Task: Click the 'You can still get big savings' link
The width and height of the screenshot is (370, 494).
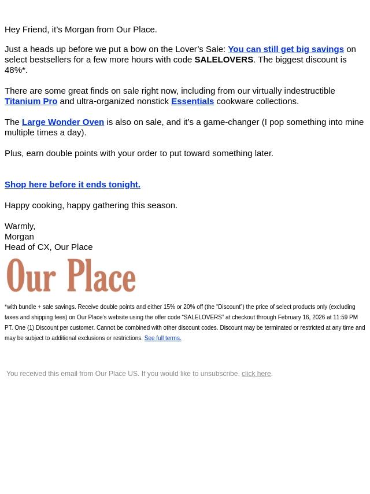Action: [x=286, y=49]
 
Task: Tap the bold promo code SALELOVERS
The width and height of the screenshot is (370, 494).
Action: [x=224, y=60]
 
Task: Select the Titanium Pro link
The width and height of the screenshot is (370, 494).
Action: [x=31, y=101]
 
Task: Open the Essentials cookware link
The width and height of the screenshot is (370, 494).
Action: [x=193, y=101]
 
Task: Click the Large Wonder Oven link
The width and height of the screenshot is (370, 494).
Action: [x=62, y=122]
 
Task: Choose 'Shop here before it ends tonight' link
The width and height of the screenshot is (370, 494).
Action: [x=72, y=185]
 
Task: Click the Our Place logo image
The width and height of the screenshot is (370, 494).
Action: [x=71, y=275]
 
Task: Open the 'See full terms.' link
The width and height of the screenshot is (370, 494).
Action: [x=162, y=338]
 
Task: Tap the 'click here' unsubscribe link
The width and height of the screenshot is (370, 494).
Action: [x=256, y=374]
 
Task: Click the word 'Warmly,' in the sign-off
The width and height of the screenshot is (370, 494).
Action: [x=20, y=226]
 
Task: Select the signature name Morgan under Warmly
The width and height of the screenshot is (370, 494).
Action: [x=19, y=237]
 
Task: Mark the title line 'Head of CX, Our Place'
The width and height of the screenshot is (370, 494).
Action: [x=49, y=247]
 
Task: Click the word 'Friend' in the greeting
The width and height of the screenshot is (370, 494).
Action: [x=35, y=30]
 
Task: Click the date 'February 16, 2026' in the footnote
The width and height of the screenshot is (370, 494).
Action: [x=301, y=318]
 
